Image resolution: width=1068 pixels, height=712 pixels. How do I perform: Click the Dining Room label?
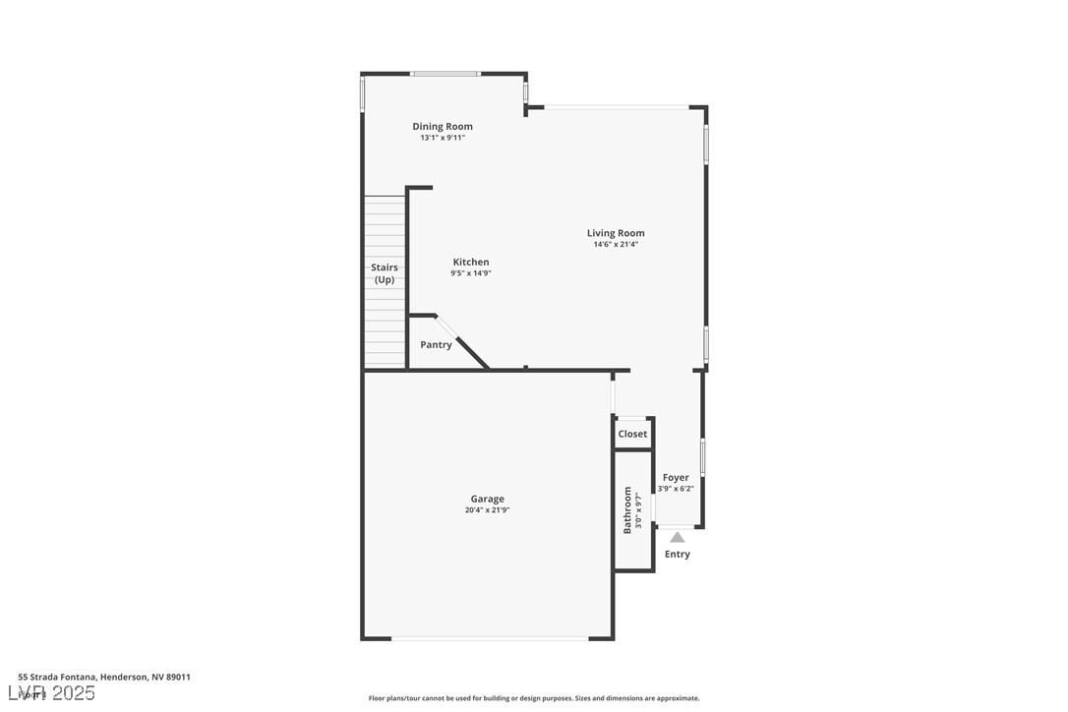(443, 126)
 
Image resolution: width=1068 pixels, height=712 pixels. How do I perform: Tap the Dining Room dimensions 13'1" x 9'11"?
(443, 138)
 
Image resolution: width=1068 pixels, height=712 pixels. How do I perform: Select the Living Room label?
(616, 233)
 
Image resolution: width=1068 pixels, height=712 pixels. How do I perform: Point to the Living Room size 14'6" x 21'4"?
(616, 245)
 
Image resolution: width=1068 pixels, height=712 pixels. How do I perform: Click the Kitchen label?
(471, 262)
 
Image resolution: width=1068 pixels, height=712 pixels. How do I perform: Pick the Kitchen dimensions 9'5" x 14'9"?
(471, 273)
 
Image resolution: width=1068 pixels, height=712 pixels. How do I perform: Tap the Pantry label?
(436, 345)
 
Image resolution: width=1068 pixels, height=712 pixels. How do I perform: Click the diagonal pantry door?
(460, 341)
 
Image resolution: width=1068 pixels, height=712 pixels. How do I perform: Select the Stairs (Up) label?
(385, 273)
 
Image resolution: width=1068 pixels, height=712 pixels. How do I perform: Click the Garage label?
(487, 499)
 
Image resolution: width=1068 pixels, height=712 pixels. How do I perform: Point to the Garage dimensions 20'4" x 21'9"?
(487, 510)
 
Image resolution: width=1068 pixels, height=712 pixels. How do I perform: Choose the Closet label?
(632, 434)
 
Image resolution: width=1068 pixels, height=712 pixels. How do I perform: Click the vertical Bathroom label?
(627, 510)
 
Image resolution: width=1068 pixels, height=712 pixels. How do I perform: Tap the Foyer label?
(676, 478)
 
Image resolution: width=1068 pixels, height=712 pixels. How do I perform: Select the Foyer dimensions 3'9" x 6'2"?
(676, 489)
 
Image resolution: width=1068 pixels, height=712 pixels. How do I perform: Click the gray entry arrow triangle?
(677, 537)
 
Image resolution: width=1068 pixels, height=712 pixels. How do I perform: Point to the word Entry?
(678, 555)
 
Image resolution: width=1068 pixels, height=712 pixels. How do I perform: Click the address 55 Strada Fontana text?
(104, 677)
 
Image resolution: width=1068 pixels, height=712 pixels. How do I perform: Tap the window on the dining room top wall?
(445, 74)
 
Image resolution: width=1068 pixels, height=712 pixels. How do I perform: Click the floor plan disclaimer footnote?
(534, 698)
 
